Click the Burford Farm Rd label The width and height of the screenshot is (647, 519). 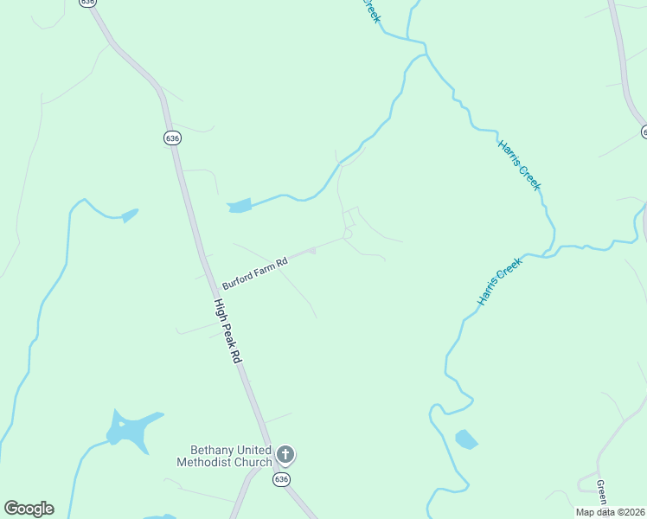254,273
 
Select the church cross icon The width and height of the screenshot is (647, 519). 286,455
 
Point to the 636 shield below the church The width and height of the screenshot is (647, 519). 281,479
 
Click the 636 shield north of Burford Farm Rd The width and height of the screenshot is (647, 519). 172,138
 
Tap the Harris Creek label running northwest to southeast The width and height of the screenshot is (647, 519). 519,164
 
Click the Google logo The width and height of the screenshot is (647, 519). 29,509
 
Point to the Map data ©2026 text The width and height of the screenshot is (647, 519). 611,512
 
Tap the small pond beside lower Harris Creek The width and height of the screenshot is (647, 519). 466,439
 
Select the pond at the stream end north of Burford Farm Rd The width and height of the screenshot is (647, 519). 239,206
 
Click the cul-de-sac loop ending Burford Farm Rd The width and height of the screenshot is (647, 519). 348,234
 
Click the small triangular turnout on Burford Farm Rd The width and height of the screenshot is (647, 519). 311,251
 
